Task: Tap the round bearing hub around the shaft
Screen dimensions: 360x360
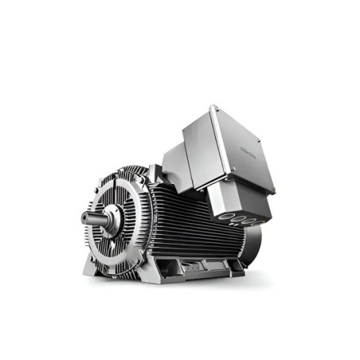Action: coord(111,213)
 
